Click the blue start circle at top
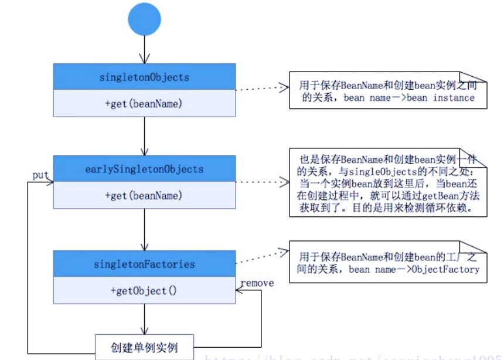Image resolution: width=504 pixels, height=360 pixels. pyautogui.click(x=144, y=19)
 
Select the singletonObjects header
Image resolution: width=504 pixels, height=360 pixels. pyautogui.click(x=144, y=77)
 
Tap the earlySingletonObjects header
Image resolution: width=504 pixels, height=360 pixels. pyautogui.click(x=144, y=169)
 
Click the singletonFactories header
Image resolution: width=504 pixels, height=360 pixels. pyautogui.click(x=144, y=264)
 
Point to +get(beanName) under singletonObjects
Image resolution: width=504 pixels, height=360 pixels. pyautogui.click(x=144, y=104)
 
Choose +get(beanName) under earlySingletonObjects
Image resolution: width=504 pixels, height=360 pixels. pyautogui.click(x=144, y=195)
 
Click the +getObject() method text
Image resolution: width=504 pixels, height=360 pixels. pyautogui.click(x=144, y=291)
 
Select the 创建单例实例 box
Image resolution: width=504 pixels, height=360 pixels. pyautogui.click(x=144, y=347)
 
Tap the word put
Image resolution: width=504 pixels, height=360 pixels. pyautogui.click(x=40, y=175)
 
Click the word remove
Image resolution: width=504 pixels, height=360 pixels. pyautogui.click(x=257, y=283)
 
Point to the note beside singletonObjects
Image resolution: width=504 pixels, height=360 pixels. pyautogui.click(x=388, y=91)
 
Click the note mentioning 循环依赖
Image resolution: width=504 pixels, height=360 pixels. pyautogui.click(x=388, y=183)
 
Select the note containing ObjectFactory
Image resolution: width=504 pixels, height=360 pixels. pyautogui.click(x=388, y=263)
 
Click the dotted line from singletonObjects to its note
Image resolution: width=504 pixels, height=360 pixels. pyautogui.click(x=262, y=90)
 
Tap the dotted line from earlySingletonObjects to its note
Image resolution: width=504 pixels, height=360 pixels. pyautogui.click(x=262, y=182)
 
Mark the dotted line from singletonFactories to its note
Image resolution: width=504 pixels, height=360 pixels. pyautogui.click(x=262, y=258)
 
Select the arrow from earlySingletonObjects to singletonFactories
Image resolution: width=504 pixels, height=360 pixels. pyautogui.click(x=144, y=229)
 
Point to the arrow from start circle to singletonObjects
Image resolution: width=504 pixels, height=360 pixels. pyautogui.click(x=144, y=50)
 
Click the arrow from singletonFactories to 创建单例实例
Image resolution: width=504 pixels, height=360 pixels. pyautogui.click(x=144, y=320)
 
